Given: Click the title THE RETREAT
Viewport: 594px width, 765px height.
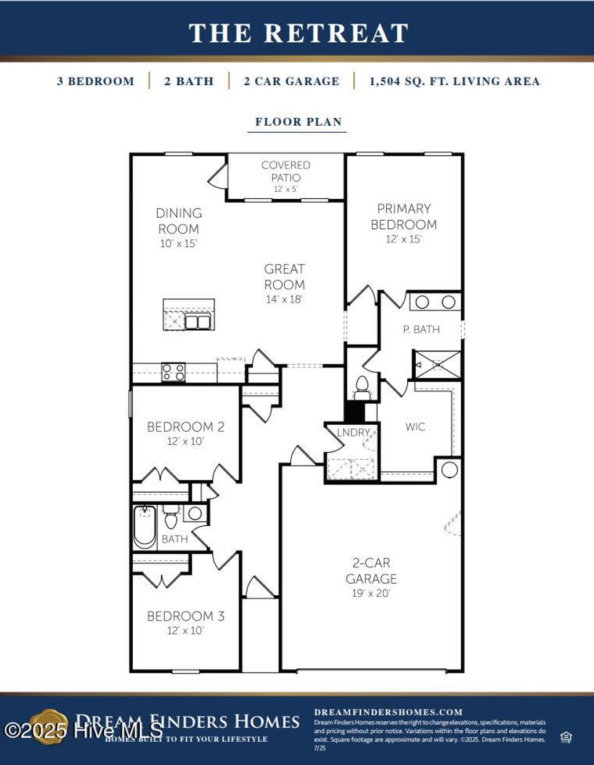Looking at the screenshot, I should [x=298, y=33].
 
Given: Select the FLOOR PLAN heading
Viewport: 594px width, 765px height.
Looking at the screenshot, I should [x=298, y=122].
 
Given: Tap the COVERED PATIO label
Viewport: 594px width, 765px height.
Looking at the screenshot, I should [x=285, y=172].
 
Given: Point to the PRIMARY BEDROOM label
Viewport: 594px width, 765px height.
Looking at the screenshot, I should [x=404, y=217].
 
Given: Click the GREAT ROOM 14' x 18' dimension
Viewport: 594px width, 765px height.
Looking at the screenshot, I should [x=284, y=300].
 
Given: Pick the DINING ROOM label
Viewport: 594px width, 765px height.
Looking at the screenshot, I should [x=179, y=221].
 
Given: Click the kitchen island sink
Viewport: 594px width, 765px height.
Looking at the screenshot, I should [x=198, y=321].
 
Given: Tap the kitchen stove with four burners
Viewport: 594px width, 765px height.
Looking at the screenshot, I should [x=173, y=372].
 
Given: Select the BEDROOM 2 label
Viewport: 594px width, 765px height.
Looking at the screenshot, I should [x=186, y=427].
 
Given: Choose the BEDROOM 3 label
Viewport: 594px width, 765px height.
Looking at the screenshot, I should [x=186, y=616].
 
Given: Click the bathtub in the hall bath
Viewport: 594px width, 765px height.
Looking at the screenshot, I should [x=144, y=527].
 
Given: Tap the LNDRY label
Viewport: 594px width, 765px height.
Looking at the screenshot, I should [x=353, y=433].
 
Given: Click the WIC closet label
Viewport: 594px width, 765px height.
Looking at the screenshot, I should [x=415, y=427].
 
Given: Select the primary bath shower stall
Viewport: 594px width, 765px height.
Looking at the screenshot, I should [x=437, y=365].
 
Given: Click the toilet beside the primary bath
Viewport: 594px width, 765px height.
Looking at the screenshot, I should [x=362, y=386].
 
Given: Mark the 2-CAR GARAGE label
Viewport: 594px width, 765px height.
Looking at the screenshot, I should [x=371, y=571].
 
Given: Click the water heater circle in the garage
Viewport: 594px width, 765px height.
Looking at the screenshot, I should [x=450, y=469].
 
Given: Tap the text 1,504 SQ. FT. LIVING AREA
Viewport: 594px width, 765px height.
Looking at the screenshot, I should [x=454, y=82].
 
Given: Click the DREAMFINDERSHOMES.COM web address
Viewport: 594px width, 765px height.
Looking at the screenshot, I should [x=388, y=712].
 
